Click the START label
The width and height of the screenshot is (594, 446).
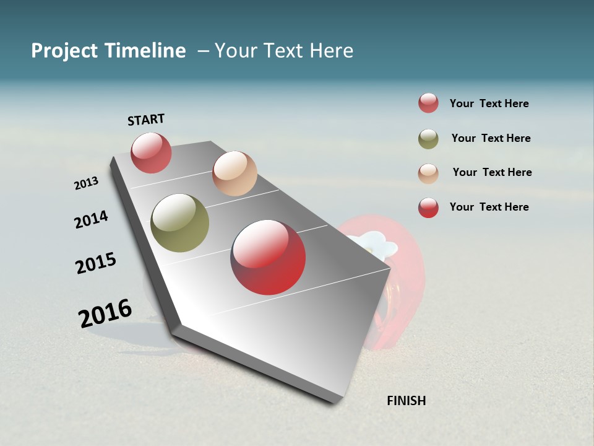146,120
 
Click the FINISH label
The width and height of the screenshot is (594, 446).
406,401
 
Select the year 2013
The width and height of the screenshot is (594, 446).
86,183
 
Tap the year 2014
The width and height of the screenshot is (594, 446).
91,219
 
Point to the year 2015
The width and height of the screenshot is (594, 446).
96,263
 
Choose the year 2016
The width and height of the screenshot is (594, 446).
105,313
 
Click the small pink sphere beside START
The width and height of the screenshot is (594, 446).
151,152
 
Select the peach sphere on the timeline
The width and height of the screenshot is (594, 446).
235,173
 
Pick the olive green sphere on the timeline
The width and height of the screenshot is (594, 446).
180,223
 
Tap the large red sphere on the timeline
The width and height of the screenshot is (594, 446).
268,257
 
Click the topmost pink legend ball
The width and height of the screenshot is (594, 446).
428,103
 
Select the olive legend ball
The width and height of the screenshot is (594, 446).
428,139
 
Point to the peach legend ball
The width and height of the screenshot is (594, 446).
428,173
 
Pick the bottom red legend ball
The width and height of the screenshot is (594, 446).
428,208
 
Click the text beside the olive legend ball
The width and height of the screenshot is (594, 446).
491,138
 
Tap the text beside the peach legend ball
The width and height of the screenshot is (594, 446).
492,172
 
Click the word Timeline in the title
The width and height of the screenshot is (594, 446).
145,51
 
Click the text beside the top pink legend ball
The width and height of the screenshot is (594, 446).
489,103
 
